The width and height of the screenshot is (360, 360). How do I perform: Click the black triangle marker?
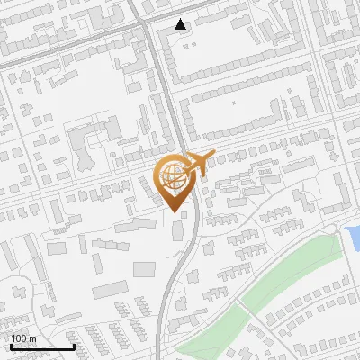pos(182,25)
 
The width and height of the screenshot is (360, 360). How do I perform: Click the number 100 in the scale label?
pos(19,339)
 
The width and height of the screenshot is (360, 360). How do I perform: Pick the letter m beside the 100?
pos(31,339)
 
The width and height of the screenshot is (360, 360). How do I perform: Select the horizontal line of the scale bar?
pos(41,347)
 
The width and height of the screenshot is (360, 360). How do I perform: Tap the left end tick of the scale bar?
pos(11,346)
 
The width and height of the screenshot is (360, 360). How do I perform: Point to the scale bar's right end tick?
pos(73,346)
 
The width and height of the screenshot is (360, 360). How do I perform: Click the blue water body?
pos(352,238)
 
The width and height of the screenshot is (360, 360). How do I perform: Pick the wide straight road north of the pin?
pos(163,90)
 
